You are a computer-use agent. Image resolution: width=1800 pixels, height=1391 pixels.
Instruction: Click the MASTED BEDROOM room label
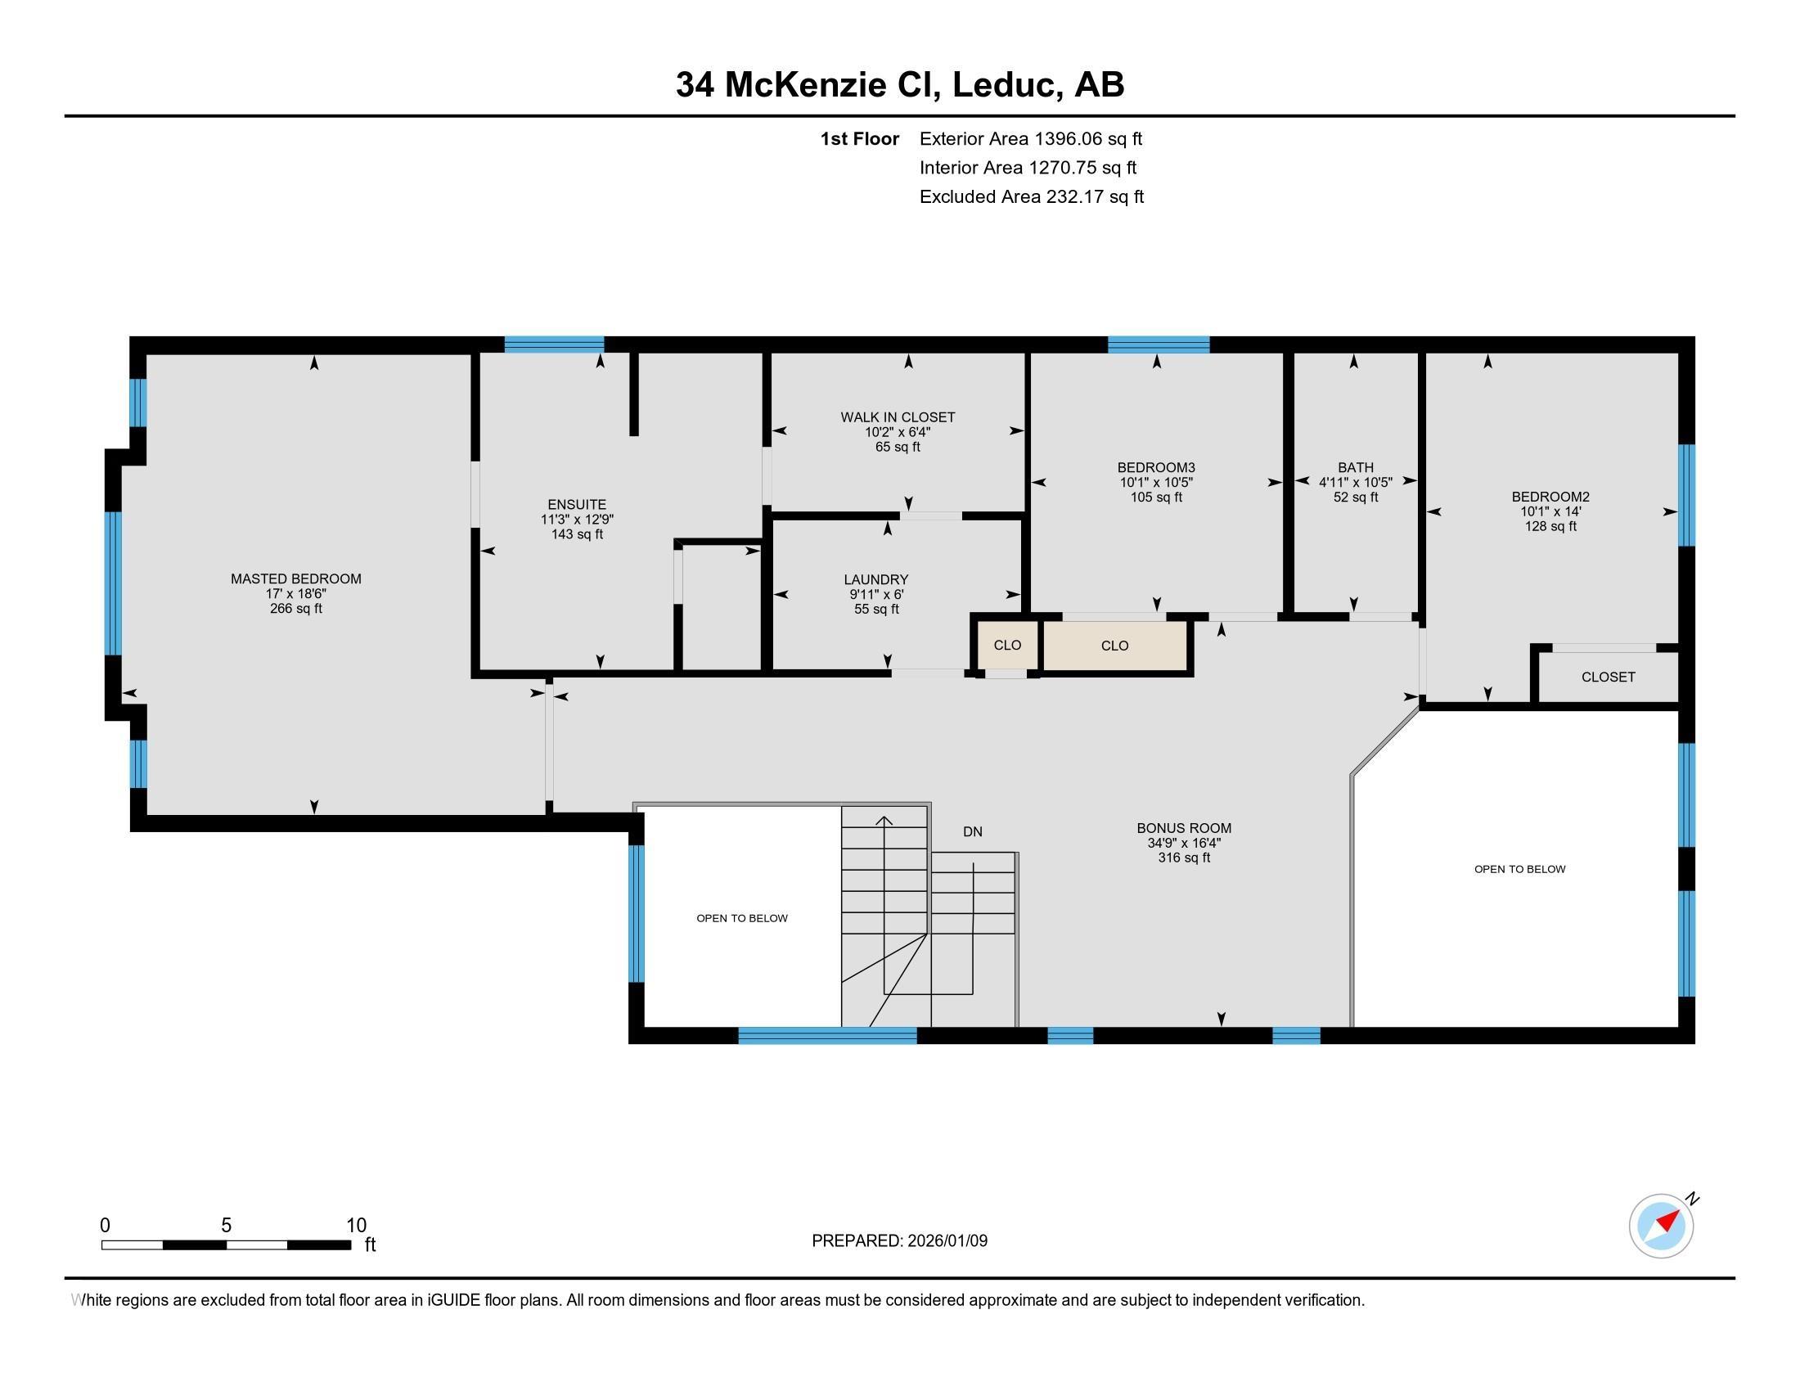296,578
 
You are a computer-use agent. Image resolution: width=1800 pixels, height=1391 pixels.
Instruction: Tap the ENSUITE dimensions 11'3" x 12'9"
577,519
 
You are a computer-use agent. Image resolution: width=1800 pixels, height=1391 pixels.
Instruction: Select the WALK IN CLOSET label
898,417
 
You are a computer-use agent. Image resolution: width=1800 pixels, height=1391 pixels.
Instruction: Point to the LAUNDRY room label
875,579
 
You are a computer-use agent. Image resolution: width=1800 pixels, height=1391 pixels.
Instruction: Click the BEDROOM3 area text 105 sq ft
1155,497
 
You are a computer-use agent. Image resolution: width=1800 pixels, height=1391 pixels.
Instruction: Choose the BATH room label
1355,467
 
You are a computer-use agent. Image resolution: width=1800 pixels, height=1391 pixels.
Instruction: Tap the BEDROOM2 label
1550,496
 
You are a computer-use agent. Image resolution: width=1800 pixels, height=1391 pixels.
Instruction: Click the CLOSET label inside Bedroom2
1607,677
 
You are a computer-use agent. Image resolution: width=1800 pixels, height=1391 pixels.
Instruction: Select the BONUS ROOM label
1184,827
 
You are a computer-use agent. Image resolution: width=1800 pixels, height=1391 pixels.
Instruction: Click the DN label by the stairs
973,831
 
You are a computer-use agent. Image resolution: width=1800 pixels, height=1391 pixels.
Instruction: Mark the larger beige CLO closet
1114,646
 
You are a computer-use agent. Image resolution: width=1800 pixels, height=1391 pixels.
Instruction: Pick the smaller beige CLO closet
1007,645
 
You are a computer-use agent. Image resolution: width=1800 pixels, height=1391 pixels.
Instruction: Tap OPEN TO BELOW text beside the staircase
742,918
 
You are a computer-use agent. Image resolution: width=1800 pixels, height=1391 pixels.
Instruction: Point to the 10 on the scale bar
356,1225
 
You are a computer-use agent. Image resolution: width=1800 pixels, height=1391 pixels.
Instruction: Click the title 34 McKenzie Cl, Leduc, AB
899,84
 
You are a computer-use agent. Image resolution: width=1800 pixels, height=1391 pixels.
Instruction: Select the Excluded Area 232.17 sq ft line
1031,196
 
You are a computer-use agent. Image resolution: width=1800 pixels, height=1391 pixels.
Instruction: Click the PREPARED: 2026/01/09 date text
899,1240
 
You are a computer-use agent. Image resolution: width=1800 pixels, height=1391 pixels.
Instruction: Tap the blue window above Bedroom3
1158,344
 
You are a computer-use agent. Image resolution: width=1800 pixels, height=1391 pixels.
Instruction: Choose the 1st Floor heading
859,138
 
